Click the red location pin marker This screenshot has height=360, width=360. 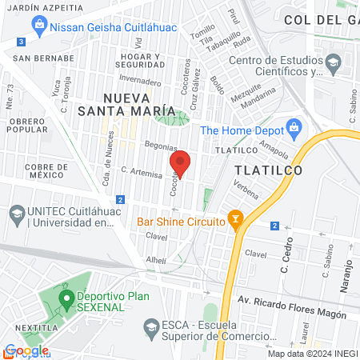[x=181, y=163]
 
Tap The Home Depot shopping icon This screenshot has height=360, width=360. [x=294, y=126]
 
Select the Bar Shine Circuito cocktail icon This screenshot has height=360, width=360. [x=235, y=217]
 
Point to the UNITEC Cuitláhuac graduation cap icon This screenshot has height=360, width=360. [x=16, y=214]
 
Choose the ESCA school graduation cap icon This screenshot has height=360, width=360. [x=150, y=326]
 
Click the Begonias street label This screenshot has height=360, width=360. [x=160, y=146]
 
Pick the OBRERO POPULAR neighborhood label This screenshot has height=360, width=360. [x=28, y=126]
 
